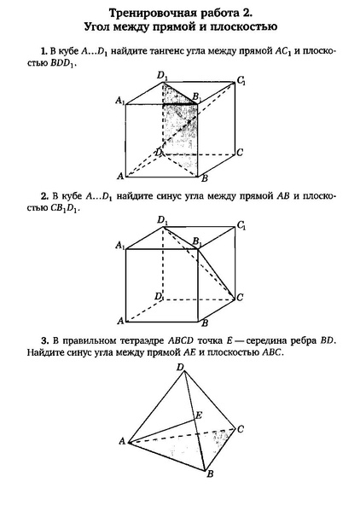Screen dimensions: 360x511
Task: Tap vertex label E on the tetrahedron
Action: tap(199, 415)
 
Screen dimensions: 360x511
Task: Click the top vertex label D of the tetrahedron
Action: tap(179, 368)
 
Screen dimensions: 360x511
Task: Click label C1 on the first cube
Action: tap(242, 81)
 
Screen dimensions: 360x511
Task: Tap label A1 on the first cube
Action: tap(119, 101)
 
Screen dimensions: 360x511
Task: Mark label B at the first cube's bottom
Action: tap(204, 179)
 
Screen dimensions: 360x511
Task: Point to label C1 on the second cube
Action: tap(242, 226)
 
